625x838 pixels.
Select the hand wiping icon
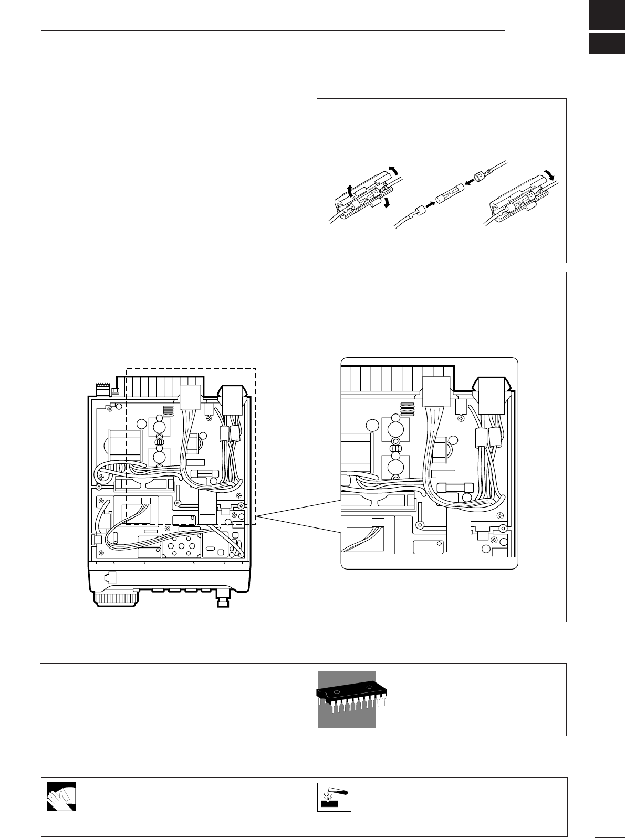point(61,797)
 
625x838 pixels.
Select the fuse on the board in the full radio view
point(201,473)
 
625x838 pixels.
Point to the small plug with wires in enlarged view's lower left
point(377,523)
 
